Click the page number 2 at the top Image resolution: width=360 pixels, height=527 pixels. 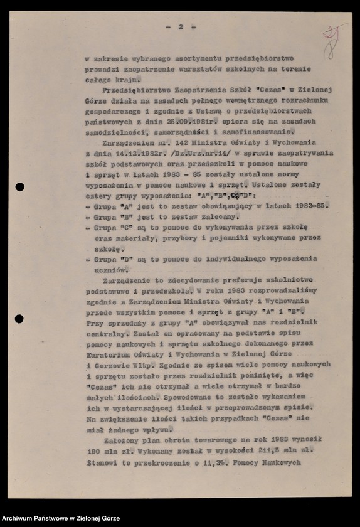180,27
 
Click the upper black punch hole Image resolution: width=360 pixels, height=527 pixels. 19,187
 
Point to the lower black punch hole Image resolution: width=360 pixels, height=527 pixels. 19,319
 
